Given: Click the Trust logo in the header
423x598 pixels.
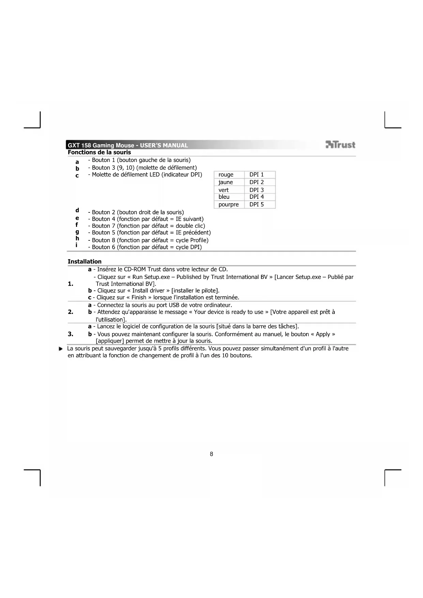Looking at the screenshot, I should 340,145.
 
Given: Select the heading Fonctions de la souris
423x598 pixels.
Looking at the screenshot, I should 99,152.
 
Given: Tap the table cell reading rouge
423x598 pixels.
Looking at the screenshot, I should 226,175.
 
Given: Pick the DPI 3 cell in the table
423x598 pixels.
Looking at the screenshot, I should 257,190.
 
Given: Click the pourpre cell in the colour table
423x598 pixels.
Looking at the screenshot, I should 229,205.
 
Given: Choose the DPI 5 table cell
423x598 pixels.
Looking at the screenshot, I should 257,205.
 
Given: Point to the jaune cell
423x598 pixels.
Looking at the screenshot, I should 226,182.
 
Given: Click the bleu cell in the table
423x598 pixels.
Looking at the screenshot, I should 224,197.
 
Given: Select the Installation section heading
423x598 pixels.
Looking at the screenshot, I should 85,261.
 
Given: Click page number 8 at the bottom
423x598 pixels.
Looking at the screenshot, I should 211,454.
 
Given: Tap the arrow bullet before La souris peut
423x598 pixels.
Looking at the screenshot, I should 61,349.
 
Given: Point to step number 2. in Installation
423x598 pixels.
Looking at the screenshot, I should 71,312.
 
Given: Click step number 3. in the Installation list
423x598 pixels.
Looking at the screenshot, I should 71,334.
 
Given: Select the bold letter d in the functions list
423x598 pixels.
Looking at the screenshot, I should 77,210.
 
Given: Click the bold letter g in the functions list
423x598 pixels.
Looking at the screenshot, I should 77,231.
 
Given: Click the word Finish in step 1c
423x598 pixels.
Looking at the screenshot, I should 139,297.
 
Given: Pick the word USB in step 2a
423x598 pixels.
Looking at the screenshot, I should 173,305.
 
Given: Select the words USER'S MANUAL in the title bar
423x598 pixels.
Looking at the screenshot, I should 164,146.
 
